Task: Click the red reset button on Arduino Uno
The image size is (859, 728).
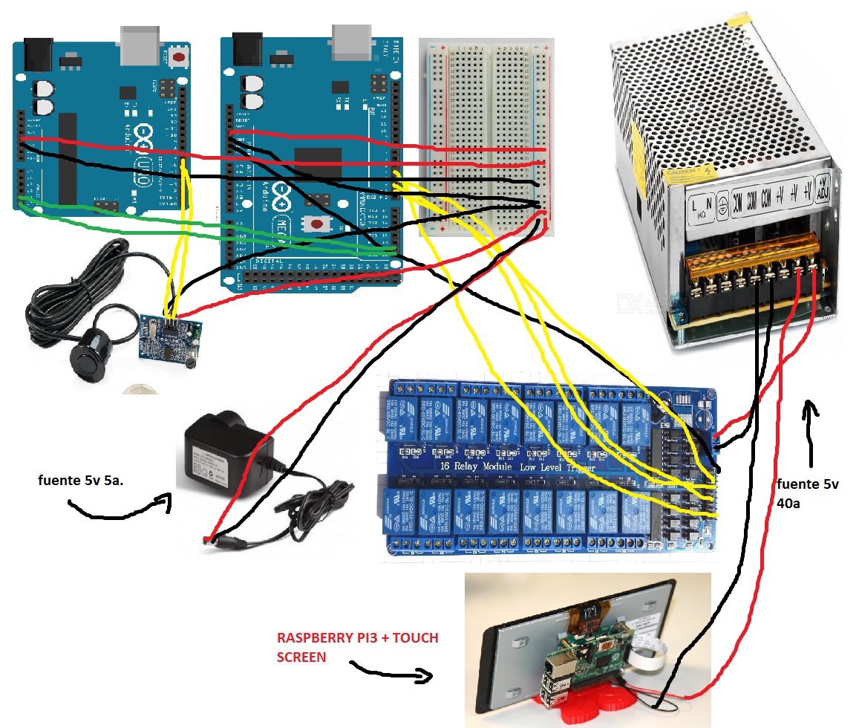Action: (x=178, y=56)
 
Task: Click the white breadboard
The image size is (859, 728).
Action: (x=486, y=134)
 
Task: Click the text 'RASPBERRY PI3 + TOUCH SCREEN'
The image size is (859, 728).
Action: (x=356, y=647)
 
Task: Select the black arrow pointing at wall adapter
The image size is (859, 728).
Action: (x=119, y=508)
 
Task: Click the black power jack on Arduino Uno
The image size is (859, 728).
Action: (x=37, y=52)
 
